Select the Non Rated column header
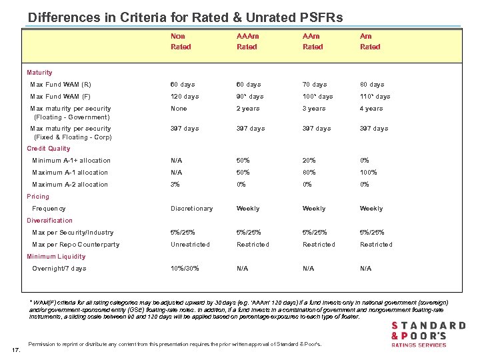pos(181,41)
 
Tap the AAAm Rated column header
pos(248,41)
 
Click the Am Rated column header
pos(370,41)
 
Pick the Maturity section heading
pos(39,72)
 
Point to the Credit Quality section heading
pos(48,149)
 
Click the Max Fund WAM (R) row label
pos(61,85)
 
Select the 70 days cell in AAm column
pos(315,85)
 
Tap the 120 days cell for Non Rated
pos(185,97)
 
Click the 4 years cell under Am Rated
pos(371,109)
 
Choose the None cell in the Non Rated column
pos(179,109)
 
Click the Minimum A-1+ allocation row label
pos(71,161)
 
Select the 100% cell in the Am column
pos(369,173)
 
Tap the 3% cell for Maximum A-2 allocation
pos(176,185)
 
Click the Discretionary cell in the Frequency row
pos(191,209)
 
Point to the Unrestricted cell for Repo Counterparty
pos(189,245)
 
